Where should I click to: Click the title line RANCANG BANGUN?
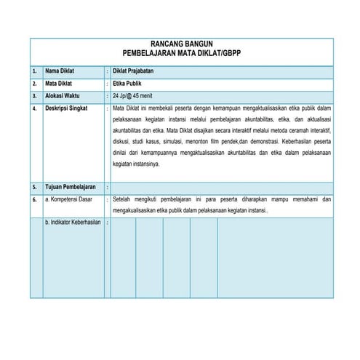181,44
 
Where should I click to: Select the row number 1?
34,71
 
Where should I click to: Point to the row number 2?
34,83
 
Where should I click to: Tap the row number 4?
34,108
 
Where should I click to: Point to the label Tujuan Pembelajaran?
71,187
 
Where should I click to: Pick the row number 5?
34,187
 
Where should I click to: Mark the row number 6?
34,199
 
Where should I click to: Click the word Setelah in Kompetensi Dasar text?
124,199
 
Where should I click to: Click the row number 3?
34,95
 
